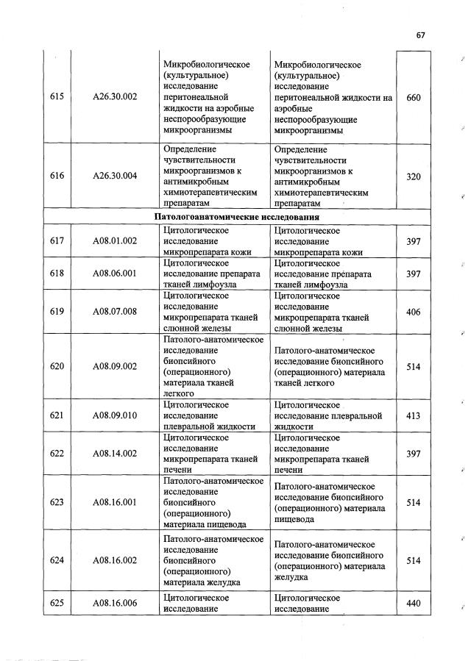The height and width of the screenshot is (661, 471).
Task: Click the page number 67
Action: (421, 35)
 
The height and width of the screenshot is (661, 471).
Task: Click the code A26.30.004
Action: (115, 176)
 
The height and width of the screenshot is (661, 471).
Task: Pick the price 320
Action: (413, 176)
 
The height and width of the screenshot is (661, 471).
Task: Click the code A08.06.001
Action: (115, 274)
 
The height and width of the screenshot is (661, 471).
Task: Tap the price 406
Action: (413, 312)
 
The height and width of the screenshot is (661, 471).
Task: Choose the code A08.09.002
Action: (115, 366)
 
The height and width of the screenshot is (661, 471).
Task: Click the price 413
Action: (413, 415)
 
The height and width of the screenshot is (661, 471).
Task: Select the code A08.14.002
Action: (115, 454)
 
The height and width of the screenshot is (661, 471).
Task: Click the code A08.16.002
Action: (115, 560)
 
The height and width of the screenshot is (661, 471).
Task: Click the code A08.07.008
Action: (115, 312)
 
